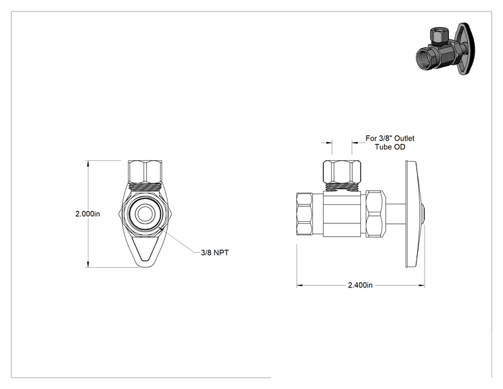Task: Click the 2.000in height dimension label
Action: pos(88,214)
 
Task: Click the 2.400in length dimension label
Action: pos(360,285)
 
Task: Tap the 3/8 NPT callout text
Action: pos(215,252)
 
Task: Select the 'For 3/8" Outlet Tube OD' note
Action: pos(390,143)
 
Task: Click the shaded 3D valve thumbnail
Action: pos(446,49)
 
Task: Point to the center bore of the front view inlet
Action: pos(144,213)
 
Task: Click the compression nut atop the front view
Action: pos(145,171)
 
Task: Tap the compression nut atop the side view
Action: pos(341,171)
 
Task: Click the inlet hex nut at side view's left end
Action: pos(304,214)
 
